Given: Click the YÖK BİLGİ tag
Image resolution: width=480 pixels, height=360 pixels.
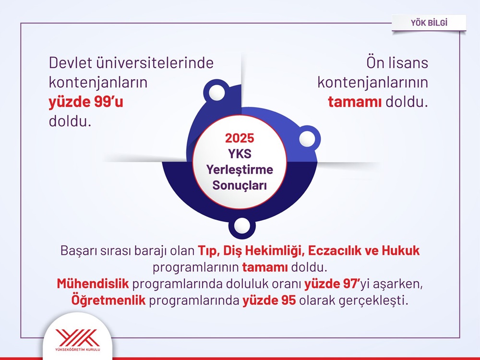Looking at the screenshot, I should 429,22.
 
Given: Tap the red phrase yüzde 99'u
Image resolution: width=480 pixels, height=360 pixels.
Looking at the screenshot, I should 86,102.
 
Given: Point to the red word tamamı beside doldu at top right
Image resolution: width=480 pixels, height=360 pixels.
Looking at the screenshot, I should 355,102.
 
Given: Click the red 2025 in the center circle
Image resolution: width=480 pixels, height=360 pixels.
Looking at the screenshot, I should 240,138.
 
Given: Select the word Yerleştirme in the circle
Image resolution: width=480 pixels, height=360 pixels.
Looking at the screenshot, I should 240,169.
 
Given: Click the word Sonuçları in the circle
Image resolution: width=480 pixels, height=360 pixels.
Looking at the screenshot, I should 240,185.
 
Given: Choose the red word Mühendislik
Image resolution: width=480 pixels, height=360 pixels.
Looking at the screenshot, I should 93,284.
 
